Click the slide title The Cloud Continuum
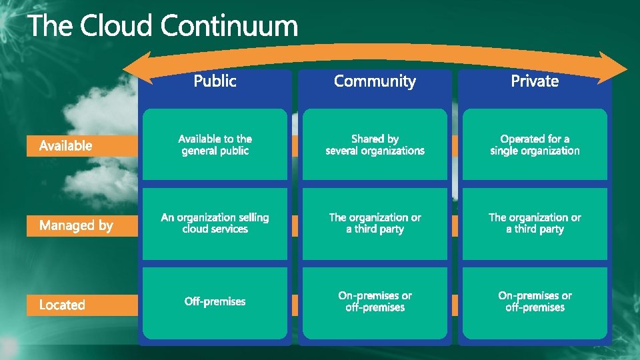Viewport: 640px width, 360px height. pos(163,27)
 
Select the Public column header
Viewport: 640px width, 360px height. pos(215,81)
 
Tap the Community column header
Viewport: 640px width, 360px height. pos(375,81)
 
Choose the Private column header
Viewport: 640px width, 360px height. pos(535,81)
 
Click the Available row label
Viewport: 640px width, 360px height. pos(66,145)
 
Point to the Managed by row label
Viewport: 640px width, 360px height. pos(76,225)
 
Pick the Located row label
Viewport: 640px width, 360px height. pos(62,305)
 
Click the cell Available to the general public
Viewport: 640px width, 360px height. pos(215,145)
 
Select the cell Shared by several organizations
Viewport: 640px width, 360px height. pos(375,145)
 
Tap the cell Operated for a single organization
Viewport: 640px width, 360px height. pos(535,145)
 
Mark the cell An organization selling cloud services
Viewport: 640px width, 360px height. pos(215,223)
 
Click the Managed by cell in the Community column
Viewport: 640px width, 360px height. pos(375,223)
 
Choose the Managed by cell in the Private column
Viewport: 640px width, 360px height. pos(535,223)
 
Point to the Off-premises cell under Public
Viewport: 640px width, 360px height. pos(215,302)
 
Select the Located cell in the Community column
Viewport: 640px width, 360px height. pos(375,302)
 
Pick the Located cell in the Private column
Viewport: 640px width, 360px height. pos(535,302)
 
